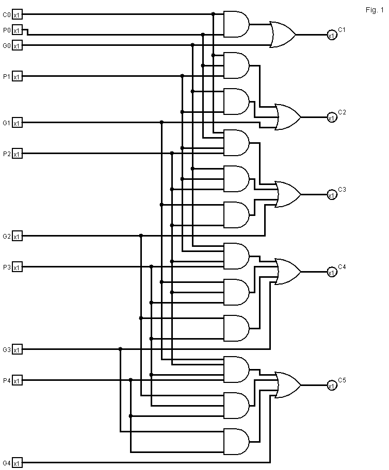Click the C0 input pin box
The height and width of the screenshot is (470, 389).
tap(17, 15)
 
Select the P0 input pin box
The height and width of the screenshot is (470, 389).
tap(17, 30)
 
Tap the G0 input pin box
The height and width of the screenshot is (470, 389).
tap(17, 46)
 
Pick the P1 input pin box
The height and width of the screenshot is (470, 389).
tap(17, 77)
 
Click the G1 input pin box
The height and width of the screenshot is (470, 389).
tap(17, 123)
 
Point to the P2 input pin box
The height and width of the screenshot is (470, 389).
tap(17, 154)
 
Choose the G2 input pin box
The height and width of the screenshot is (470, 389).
tap(17, 237)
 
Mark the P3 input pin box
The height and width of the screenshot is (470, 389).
tap(17, 267)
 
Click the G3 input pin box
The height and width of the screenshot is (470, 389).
tap(17, 350)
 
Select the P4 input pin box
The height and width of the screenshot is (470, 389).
tap(17, 381)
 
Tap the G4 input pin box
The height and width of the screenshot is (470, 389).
tap(17, 463)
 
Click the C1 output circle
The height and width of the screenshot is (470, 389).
tap(331, 35)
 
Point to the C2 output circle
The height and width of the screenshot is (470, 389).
tap(331, 117)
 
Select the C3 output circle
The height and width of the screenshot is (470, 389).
tap(331, 195)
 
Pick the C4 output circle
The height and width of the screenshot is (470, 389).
tap(331, 272)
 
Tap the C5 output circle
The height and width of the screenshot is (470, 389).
tap(331, 385)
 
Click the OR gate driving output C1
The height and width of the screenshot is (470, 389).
tap(283, 35)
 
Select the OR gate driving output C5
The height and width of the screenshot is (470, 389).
tap(288, 385)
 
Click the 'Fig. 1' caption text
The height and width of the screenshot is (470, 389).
tap(371, 10)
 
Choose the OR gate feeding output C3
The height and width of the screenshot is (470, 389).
tap(288, 195)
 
